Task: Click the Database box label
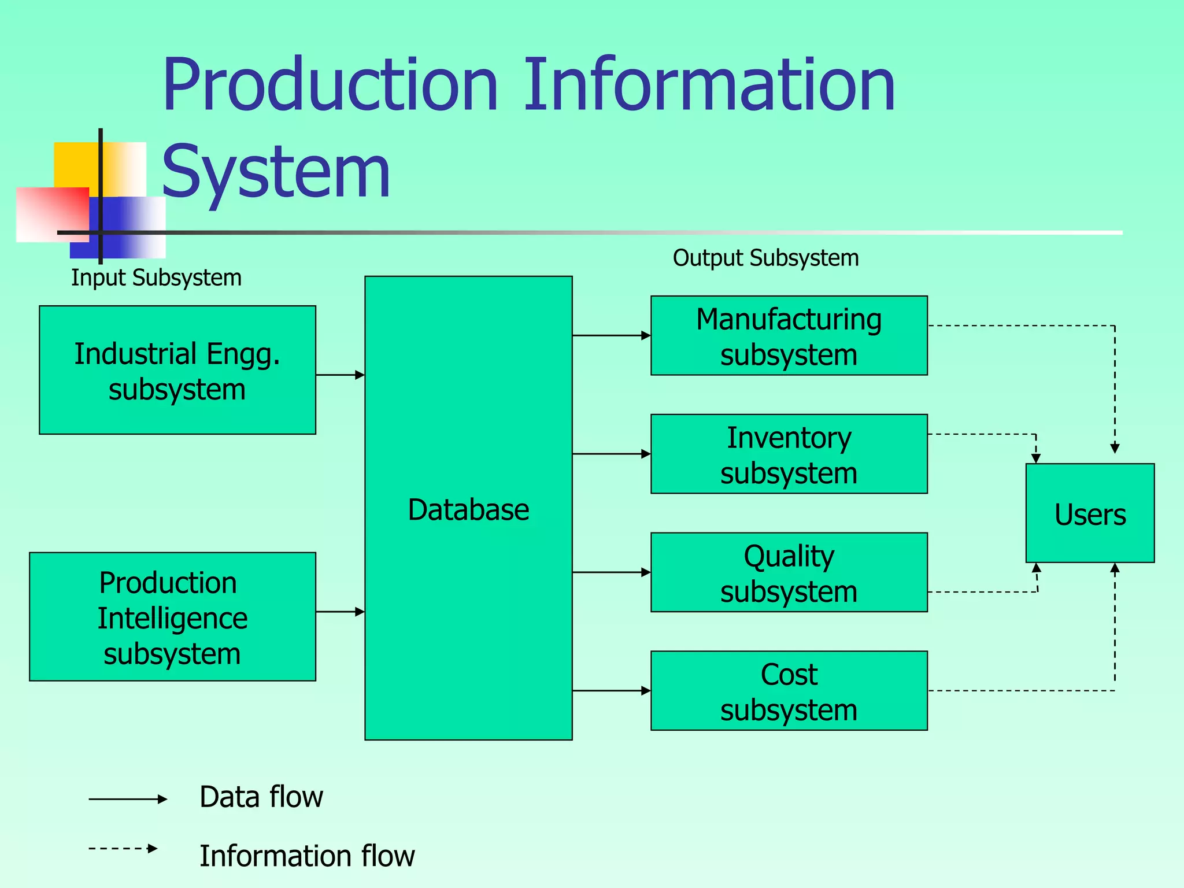pos(468,510)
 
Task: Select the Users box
pos(1090,513)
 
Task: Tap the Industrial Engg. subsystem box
pos(177,371)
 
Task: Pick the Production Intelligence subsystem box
pos(172,617)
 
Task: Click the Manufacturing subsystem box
pos(789,336)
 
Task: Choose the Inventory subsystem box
pos(789,454)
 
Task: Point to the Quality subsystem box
pos(789,572)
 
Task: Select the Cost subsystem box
pos(789,691)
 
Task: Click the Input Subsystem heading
pos(156,278)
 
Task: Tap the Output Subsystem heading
pos(765,258)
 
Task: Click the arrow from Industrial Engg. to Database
pos(340,375)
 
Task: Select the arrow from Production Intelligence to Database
pos(340,612)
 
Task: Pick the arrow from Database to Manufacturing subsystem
pos(611,335)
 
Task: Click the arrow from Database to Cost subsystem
pos(611,691)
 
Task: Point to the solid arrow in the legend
pos(127,800)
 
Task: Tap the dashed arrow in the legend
pos(123,849)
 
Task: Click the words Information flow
pos(307,856)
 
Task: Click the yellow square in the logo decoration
pos(75,165)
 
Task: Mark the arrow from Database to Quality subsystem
pos(611,572)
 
